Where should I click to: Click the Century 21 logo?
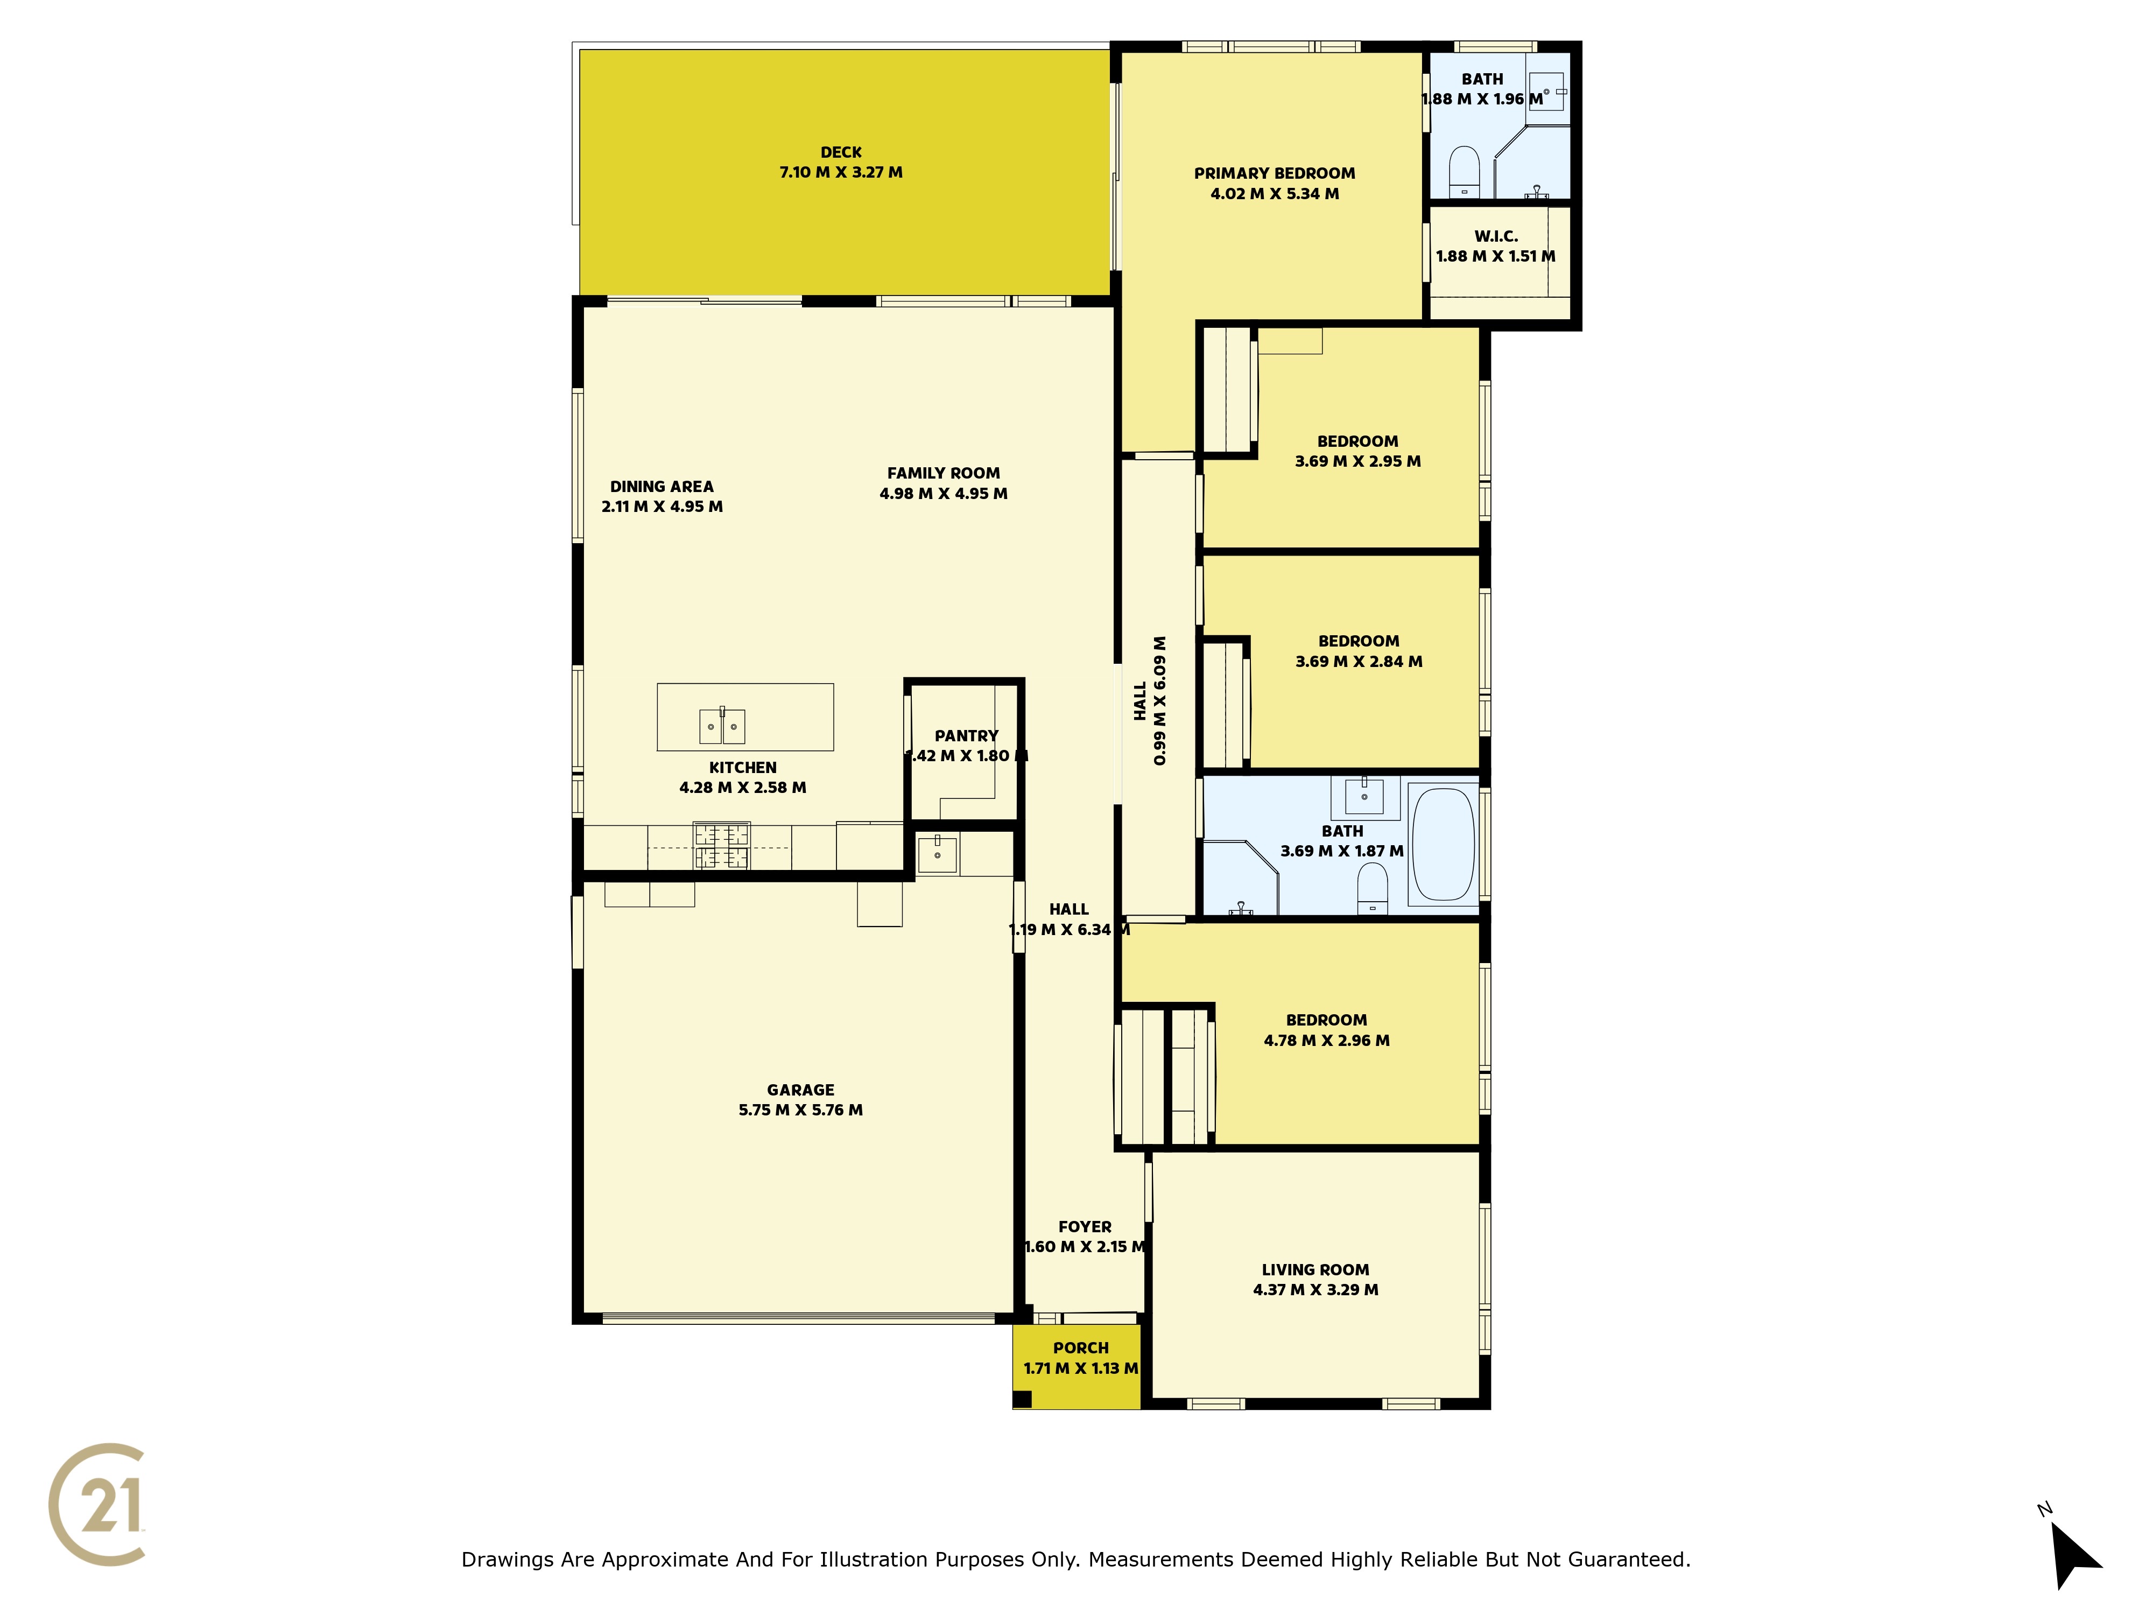(97, 1504)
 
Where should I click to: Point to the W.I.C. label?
(1496, 236)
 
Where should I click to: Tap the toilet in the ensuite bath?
(1464, 171)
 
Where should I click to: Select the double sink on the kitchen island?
(722, 725)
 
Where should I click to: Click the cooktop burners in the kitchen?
(721, 846)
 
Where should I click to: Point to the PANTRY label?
(967, 736)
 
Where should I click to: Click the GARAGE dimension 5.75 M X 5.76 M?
(800, 1110)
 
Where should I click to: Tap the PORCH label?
(1080, 1349)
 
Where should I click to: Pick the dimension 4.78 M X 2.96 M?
(1327, 1041)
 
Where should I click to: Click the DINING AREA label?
(662, 487)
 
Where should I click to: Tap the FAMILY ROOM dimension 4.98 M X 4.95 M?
(943, 494)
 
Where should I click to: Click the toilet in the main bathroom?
(1373, 888)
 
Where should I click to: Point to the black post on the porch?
(1022, 1399)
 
